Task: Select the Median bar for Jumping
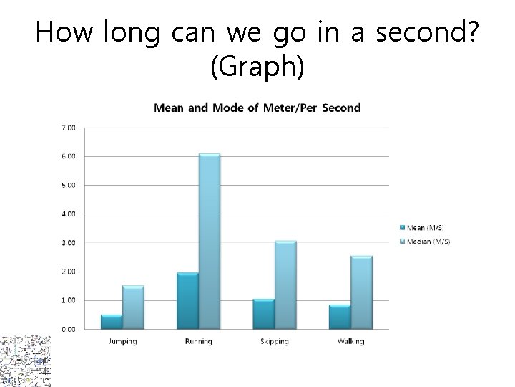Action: [133, 307]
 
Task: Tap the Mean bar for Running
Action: [187, 301]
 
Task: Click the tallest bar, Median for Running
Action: [209, 242]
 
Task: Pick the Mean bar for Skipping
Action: [263, 314]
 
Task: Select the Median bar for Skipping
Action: [285, 285]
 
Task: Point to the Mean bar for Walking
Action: [338, 317]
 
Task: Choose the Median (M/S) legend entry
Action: [426, 242]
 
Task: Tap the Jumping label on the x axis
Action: [122, 341]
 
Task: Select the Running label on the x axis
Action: [198, 341]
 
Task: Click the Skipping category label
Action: [274, 341]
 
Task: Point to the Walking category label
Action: [350, 341]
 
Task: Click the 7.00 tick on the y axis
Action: [68, 128]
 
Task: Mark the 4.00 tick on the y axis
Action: [68, 214]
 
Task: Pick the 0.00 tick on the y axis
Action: [68, 329]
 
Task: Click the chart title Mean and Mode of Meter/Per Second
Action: [257, 108]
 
